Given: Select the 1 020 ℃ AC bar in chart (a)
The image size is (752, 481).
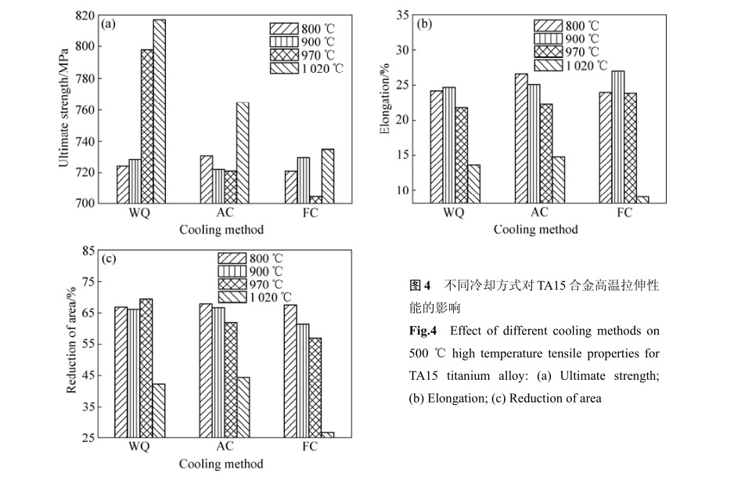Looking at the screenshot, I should tap(243, 153).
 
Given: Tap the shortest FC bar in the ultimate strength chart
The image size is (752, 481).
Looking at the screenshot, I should tap(316, 199).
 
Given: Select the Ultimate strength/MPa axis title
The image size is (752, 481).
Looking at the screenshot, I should tap(64, 109).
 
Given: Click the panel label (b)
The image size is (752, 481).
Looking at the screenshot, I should tap(425, 24).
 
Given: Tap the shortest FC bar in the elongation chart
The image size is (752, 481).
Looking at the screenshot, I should tap(642, 199).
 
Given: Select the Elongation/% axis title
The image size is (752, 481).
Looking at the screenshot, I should tap(384, 109).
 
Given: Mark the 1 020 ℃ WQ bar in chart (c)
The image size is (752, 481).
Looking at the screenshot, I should tap(159, 410).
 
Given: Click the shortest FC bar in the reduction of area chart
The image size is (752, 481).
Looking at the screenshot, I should tap(327, 434).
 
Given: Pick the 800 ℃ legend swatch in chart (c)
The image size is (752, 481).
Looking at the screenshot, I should tap(232, 259).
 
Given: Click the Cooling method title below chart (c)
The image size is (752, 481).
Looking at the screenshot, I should tap(221, 464).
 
